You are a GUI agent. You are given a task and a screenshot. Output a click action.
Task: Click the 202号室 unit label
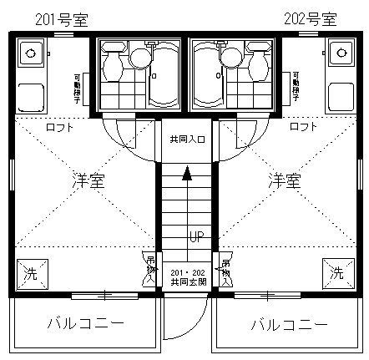311,18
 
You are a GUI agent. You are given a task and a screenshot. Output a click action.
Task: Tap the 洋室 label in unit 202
283,180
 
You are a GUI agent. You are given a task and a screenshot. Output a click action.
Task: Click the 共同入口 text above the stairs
187,139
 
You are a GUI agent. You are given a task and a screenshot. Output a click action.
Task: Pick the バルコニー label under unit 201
85,322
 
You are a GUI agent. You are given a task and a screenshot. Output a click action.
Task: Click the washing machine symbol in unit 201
29,271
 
